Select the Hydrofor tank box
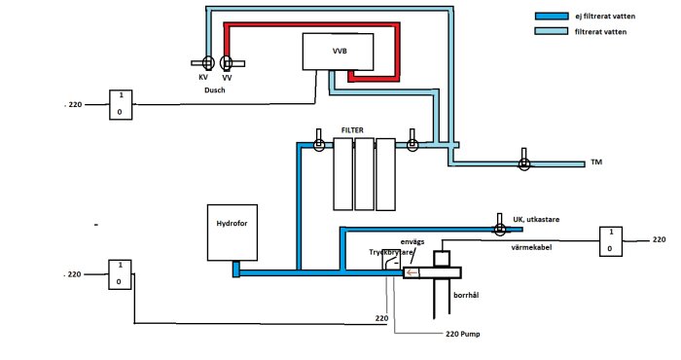(x=233, y=233)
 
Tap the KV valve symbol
(x=205, y=63)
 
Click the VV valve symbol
(x=227, y=63)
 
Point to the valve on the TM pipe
(x=523, y=163)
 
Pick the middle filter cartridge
(x=365, y=174)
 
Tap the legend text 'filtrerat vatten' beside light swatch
(x=601, y=32)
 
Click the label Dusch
(x=215, y=90)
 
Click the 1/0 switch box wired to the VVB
(x=121, y=103)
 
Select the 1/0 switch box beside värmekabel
(x=610, y=239)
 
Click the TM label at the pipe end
(x=595, y=164)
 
